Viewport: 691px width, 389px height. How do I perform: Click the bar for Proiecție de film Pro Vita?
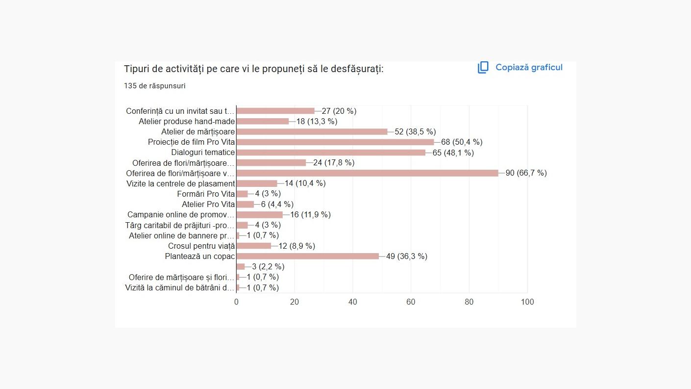pyautogui.click(x=335, y=142)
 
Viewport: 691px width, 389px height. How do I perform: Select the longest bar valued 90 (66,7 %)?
pyautogui.click(x=367, y=173)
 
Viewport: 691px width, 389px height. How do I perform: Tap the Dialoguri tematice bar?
pyautogui.click(x=331, y=153)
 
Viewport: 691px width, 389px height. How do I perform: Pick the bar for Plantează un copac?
pyautogui.click(x=308, y=256)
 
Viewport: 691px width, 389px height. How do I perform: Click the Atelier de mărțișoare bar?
pyautogui.click(x=312, y=131)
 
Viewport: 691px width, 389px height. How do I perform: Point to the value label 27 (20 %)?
pyautogui.click(x=339, y=111)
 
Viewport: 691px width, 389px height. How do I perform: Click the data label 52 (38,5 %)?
pyautogui.click(x=415, y=131)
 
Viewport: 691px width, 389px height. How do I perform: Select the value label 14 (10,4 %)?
pyautogui.click(x=305, y=183)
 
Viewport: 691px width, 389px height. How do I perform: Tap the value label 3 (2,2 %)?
pyautogui.click(x=268, y=267)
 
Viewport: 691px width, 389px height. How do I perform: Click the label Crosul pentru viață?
pyautogui.click(x=201, y=246)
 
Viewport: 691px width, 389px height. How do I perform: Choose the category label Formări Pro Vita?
pyautogui.click(x=206, y=194)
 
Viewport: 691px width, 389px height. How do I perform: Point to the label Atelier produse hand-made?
pyautogui.click(x=187, y=121)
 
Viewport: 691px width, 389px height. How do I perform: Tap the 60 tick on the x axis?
pyautogui.click(x=411, y=302)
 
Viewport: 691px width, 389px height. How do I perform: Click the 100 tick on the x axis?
pyautogui.click(x=527, y=302)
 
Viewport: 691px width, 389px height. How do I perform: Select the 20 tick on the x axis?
pyautogui.click(x=295, y=302)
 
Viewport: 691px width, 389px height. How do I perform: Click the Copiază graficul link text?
pyautogui.click(x=529, y=68)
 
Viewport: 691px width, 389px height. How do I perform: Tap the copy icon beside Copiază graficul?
pyautogui.click(x=483, y=68)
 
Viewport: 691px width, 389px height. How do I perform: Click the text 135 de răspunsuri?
pyautogui.click(x=154, y=86)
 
